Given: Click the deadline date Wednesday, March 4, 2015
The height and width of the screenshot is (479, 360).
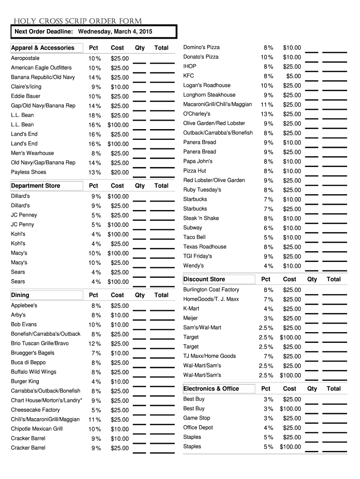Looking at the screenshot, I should [115, 31].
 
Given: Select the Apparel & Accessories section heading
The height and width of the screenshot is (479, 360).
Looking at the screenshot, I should [43, 48].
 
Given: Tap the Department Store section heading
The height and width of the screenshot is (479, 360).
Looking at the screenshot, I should [36, 186].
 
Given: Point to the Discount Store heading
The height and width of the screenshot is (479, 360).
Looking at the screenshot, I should [204, 279].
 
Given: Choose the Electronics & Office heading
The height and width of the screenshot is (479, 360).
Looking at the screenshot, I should [211, 389].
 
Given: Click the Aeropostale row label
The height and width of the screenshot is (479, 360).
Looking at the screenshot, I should [25, 58].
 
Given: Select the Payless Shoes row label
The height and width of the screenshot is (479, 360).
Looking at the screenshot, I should [29, 172].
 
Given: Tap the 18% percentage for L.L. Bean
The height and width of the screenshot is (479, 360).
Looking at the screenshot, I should [95, 116].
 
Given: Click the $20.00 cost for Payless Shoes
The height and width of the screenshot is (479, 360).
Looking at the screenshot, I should [119, 172].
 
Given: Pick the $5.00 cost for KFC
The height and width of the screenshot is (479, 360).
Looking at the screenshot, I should [293, 76].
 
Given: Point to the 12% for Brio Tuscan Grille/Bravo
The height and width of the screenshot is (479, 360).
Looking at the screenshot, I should [95, 344].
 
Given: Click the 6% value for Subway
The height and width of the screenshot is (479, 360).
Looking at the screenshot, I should [268, 228].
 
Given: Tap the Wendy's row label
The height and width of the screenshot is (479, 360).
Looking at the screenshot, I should [194, 266].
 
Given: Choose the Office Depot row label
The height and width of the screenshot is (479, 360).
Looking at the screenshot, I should [198, 428].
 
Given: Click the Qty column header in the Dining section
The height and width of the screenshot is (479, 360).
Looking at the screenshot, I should [140, 295].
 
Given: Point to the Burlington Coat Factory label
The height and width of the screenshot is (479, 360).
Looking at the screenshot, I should [211, 290].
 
